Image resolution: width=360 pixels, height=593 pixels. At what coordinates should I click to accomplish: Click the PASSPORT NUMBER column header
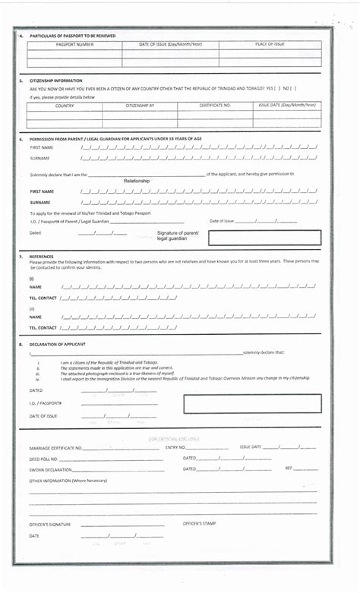[74, 44]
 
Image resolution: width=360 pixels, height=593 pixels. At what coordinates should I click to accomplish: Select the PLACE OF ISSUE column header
[270, 44]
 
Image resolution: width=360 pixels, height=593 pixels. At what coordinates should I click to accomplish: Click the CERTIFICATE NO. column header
[215, 106]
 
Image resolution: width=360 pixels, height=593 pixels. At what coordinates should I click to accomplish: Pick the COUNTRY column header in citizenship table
[65, 106]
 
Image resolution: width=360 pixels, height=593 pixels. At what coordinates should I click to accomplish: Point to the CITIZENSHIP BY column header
[140, 106]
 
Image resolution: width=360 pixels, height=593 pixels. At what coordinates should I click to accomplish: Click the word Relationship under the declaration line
[137, 181]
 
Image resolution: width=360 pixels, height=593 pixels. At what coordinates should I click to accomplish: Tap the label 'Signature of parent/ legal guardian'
[178, 235]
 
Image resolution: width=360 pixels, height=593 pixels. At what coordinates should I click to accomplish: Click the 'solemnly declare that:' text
[264, 352]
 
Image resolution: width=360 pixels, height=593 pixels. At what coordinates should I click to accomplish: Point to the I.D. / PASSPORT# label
[46, 403]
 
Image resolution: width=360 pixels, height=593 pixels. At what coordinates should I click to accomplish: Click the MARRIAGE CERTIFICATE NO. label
[56, 448]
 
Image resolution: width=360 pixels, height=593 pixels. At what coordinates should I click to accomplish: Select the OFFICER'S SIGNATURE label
[50, 525]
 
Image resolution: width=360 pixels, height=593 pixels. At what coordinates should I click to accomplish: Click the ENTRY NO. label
[175, 447]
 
